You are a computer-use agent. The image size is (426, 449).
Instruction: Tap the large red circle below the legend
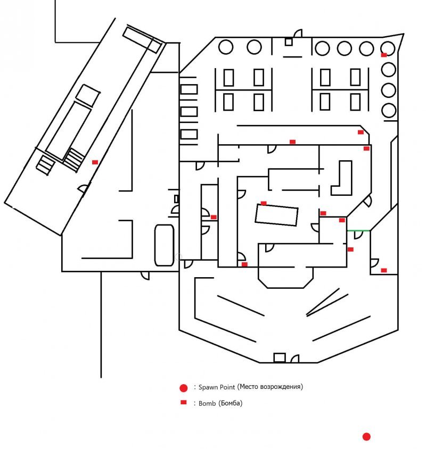(x=366, y=437)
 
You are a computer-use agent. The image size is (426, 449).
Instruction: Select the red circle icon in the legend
(x=184, y=387)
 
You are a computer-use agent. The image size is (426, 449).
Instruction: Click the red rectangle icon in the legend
(x=184, y=403)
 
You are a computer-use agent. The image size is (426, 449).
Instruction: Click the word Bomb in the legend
(x=207, y=403)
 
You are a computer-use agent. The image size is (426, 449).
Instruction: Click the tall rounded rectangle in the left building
(x=165, y=245)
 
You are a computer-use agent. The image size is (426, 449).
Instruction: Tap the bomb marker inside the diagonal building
(x=95, y=162)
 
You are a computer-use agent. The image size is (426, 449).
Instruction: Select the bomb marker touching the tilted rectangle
(x=264, y=203)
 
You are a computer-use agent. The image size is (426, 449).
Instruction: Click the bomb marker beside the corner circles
(x=384, y=55)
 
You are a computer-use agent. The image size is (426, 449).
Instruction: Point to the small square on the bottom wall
(x=279, y=357)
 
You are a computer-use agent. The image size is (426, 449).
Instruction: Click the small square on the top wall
(x=289, y=41)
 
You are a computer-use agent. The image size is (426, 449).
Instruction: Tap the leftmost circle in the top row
(x=226, y=47)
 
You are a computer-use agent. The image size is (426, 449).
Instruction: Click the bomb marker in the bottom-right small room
(x=384, y=270)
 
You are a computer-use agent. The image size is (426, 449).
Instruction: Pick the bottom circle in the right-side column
(x=389, y=111)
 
